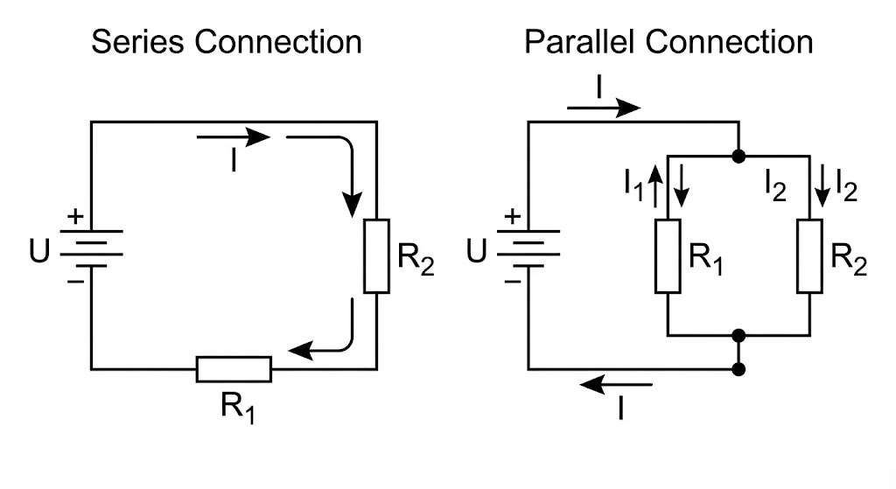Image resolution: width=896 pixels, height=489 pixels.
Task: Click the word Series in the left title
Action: [x=137, y=42]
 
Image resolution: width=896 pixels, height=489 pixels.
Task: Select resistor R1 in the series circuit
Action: [x=234, y=369]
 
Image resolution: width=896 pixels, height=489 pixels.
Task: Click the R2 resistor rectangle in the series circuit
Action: [x=376, y=256]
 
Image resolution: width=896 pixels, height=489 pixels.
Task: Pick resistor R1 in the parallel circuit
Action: [x=668, y=256]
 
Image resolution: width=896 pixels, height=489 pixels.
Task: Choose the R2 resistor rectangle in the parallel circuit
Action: [x=809, y=256]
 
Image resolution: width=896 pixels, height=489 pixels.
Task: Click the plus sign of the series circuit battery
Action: [x=75, y=217]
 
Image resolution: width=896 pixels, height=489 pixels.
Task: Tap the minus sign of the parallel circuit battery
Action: [x=513, y=281]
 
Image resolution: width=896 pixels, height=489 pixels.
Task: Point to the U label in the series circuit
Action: [x=39, y=251]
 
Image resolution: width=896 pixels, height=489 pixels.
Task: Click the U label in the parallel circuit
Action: [x=477, y=251]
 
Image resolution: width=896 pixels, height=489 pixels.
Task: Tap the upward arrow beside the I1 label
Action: [x=656, y=185]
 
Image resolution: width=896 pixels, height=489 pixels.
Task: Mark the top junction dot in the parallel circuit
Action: [x=738, y=156]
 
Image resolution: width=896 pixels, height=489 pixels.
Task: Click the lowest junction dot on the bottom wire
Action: [x=738, y=370]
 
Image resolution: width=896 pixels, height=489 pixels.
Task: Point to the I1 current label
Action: [x=633, y=185]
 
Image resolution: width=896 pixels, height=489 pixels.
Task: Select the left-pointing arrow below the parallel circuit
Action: [x=616, y=384]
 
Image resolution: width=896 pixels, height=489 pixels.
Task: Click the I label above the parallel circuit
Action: [x=598, y=88]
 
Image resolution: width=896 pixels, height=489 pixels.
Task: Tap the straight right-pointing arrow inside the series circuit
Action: [x=233, y=137]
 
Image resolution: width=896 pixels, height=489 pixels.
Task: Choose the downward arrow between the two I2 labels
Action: [x=822, y=185]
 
